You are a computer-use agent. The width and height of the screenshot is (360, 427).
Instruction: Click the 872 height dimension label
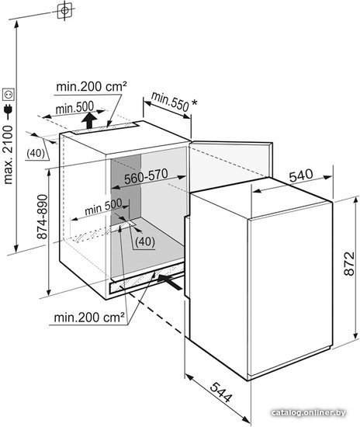(x=349, y=264)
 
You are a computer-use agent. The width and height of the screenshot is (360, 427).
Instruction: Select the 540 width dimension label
(x=301, y=175)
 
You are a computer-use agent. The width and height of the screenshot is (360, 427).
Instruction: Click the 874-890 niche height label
(x=42, y=217)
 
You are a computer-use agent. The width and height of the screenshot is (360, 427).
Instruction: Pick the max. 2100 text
(x=8, y=154)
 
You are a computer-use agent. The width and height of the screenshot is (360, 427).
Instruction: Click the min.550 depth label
(x=170, y=102)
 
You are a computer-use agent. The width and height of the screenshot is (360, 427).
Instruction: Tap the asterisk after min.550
(x=194, y=102)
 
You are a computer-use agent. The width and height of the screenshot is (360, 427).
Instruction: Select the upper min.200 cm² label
(x=92, y=86)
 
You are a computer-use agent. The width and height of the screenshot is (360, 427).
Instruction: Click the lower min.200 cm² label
(x=89, y=318)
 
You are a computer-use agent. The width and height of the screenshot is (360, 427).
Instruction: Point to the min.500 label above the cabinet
(x=74, y=108)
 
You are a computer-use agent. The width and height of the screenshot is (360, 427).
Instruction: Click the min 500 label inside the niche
(x=103, y=207)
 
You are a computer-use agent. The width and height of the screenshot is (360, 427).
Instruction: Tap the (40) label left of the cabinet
(x=36, y=153)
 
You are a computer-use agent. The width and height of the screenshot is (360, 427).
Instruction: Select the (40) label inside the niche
(x=145, y=241)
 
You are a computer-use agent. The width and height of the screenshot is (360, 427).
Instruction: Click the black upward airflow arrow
(x=89, y=120)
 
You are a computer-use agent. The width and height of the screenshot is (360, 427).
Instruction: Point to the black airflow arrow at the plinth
(x=169, y=282)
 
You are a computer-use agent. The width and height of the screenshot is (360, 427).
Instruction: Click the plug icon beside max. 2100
(x=8, y=110)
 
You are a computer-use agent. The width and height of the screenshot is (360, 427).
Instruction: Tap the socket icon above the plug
(x=8, y=94)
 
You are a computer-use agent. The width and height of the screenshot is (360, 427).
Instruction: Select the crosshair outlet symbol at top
(x=64, y=11)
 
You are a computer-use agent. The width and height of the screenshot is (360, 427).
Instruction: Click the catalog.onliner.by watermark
(x=309, y=413)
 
